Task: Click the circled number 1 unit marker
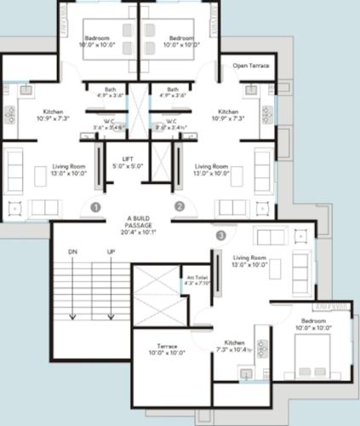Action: click(x=96, y=206)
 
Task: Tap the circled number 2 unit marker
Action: click(x=180, y=206)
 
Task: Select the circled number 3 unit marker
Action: click(x=221, y=234)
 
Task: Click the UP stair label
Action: click(x=110, y=252)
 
